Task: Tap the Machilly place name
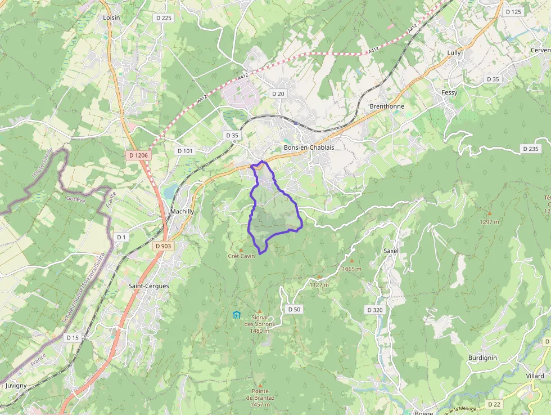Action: [182, 211]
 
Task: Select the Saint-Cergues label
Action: [148, 286]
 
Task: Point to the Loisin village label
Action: [112, 17]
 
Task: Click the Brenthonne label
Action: [387, 106]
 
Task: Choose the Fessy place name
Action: [449, 92]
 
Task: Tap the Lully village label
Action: [454, 53]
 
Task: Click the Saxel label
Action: [391, 251]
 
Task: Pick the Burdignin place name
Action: [482, 358]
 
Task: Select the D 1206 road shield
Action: [138, 155]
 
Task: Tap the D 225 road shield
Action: [163, 18]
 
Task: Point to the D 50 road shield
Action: [294, 309]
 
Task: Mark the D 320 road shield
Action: [374, 310]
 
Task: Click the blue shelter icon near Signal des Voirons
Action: [237, 315]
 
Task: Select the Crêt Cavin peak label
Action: [241, 256]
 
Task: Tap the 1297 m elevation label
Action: [490, 221]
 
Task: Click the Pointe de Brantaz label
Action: [260, 394]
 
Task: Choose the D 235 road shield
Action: [530, 149]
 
